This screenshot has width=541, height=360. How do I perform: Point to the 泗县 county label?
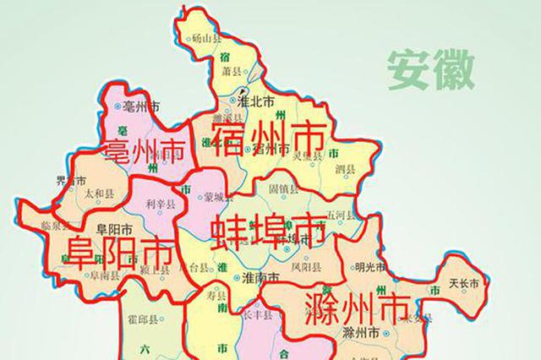pos(345,169)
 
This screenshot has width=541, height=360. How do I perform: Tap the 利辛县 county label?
pos(161,204)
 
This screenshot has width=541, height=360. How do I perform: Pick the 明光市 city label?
pos(370,268)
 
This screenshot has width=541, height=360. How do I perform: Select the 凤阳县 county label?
pos(305,267)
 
